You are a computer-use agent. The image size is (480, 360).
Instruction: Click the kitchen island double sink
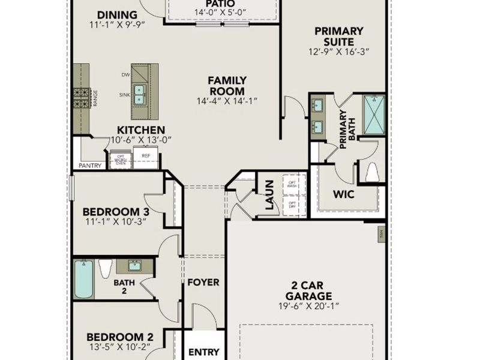coord(139,94)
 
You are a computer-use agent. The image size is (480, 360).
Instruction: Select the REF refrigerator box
coord(146,157)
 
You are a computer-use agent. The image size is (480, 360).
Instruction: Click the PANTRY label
coord(88,166)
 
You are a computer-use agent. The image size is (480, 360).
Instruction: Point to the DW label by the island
coord(125,75)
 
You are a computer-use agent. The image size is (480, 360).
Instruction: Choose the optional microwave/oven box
coord(121,160)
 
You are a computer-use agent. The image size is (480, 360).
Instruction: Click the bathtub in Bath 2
coord(84,279)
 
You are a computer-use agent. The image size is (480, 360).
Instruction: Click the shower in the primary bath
coord(374,114)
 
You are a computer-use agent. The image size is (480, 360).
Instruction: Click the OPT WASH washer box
coord(292,185)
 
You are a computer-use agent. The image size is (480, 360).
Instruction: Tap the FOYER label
coord(203,282)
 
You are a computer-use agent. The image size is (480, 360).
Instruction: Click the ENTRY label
coord(203,352)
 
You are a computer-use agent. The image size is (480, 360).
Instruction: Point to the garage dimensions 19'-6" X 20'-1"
coord(308,307)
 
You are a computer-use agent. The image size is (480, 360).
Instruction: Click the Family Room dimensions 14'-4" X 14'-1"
coord(226,101)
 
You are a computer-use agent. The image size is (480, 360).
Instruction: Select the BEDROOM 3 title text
coord(116,212)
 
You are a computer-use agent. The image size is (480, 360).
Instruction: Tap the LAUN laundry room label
coord(269,194)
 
